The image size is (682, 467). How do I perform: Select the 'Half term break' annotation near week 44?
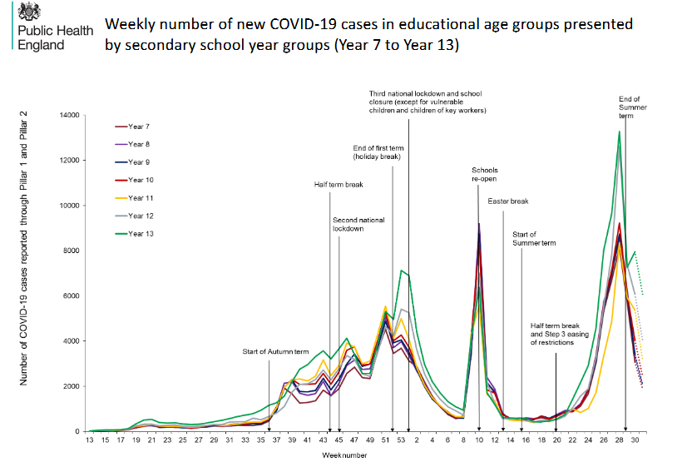pyautogui.click(x=339, y=185)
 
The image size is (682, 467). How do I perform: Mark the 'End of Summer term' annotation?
pyautogui.click(x=633, y=107)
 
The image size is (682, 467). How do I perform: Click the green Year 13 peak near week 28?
pyautogui.click(x=619, y=132)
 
